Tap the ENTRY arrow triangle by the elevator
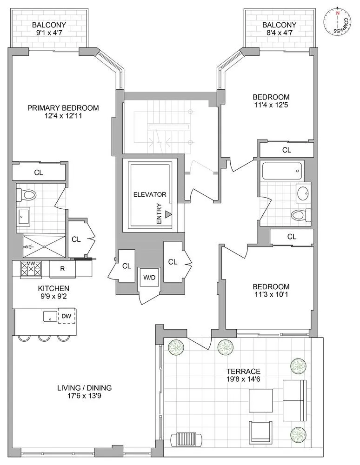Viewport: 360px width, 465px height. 169,215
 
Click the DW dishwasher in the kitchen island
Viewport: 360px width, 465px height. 67,316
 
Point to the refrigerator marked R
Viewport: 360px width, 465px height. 63,268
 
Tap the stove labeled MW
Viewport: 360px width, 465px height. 31,269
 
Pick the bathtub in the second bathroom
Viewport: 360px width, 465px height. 283,171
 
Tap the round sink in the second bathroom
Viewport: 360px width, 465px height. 303,193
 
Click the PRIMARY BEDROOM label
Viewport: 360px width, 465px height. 63,108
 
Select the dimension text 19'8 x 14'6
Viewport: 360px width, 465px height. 244,379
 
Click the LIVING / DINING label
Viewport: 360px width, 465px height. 84,388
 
